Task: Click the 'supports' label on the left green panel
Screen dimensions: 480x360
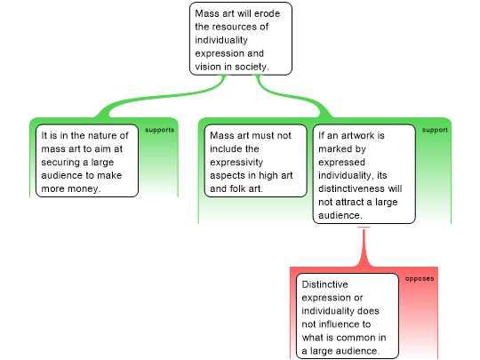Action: [159, 130]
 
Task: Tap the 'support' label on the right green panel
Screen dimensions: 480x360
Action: [435, 130]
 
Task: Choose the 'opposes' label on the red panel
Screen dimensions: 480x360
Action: [420, 278]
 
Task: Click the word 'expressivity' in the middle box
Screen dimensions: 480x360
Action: [236, 163]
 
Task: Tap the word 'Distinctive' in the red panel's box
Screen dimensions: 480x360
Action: [324, 284]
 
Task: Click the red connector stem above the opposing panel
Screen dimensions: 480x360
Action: [364, 247]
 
